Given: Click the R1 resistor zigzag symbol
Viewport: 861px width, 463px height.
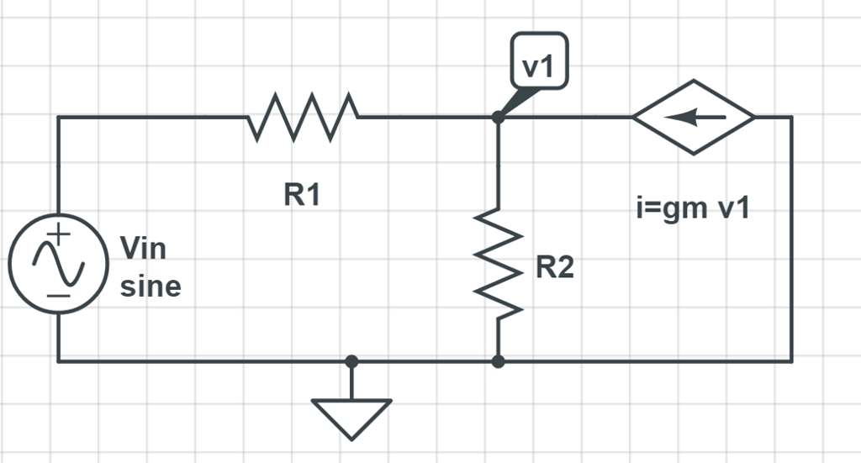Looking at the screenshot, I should [304, 117].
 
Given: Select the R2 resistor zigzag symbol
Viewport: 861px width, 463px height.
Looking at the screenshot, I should [499, 264].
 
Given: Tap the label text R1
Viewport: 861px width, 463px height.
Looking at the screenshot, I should [302, 195].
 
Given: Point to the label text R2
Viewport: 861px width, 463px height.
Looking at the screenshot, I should [555, 268].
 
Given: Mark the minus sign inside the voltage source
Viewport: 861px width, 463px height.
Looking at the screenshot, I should [58, 295].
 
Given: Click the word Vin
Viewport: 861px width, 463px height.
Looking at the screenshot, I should [143, 249].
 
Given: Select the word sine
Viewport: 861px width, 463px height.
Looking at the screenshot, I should [151, 287].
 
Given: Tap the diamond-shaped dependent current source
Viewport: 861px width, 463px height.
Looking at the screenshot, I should [694, 118].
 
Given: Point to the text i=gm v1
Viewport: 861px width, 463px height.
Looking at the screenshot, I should [693, 208].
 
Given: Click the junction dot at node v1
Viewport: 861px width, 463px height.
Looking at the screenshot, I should [498, 118].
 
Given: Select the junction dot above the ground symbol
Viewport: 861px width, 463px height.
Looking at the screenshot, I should [351, 361].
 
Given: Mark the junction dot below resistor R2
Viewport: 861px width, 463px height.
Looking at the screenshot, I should [498, 361].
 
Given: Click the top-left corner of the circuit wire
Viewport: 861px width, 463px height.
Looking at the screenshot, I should [58, 118].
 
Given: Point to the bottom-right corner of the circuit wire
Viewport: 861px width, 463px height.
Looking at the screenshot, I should [791, 361].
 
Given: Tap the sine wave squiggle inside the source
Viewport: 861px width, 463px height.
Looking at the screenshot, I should [58, 263].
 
